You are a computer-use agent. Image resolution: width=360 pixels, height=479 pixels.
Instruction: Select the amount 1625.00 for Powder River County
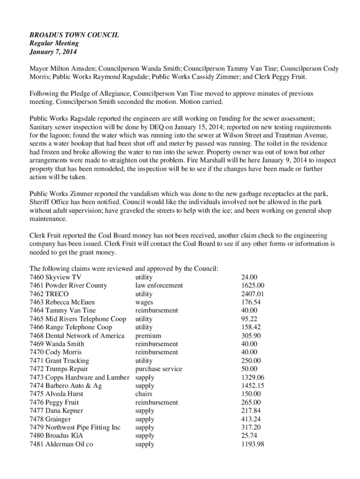[x=253, y=285]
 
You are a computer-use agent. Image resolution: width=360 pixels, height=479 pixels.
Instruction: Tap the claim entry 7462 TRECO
[x=49, y=294]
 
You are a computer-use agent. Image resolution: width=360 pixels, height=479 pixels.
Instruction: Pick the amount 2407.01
[x=253, y=294]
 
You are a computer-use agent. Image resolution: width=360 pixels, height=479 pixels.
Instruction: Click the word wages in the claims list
[x=144, y=302]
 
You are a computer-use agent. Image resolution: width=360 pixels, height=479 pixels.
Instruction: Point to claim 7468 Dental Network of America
[x=77, y=336]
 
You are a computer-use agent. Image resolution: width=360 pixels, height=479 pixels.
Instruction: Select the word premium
[x=148, y=336]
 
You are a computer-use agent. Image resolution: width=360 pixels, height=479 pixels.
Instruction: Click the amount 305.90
[x=251, y=336]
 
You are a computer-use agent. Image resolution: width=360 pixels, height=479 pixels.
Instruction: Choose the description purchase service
[x=158, y=369]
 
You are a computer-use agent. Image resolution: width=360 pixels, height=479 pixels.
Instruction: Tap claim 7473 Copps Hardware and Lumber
[x=79, y=377]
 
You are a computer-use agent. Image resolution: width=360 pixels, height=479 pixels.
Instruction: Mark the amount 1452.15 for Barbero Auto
[x=253, y=386]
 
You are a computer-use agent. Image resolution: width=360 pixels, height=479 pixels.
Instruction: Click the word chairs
[x=144, y=394]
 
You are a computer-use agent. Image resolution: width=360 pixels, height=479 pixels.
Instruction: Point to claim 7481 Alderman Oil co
[x=61, y=444]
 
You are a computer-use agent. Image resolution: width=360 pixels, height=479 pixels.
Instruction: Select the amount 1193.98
[x=253, y=444]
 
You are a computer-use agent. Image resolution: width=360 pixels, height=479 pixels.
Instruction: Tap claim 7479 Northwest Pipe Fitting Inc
[x=75, y=428]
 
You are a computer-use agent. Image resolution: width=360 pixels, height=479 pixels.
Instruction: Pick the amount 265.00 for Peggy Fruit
[x=251, y=402]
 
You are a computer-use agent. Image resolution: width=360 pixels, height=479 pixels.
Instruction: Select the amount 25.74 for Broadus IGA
[x=249, y=436]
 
